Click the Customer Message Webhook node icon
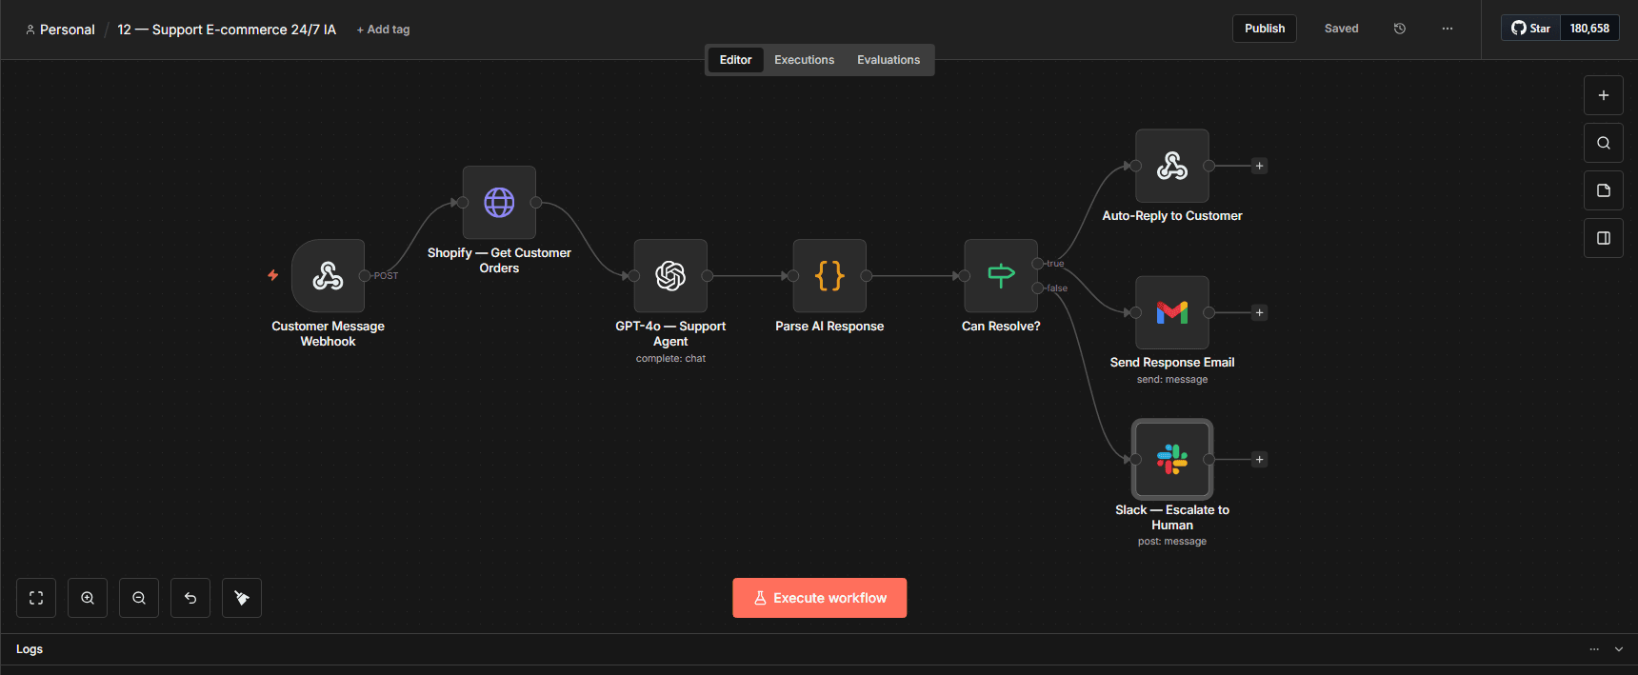point(329,276)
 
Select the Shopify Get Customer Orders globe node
point(499,203)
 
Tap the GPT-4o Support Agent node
point(670,276)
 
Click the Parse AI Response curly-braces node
point(829,276)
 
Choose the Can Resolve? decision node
point(1001,276)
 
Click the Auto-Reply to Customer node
point(1172,166)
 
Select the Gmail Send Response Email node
point(1172,312)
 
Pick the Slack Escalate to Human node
point(1172,459)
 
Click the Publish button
point(1265,29)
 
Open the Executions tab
point(804,60)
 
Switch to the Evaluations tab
point(889,60)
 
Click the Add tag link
point(383,30)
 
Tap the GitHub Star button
point(1531,29)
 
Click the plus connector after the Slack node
point(1259,460)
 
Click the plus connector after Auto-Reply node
point(1259,166)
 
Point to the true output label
point(1055,264)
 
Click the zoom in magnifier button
point(88,598)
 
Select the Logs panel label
point(30,649)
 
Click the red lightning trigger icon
point(273,275)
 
